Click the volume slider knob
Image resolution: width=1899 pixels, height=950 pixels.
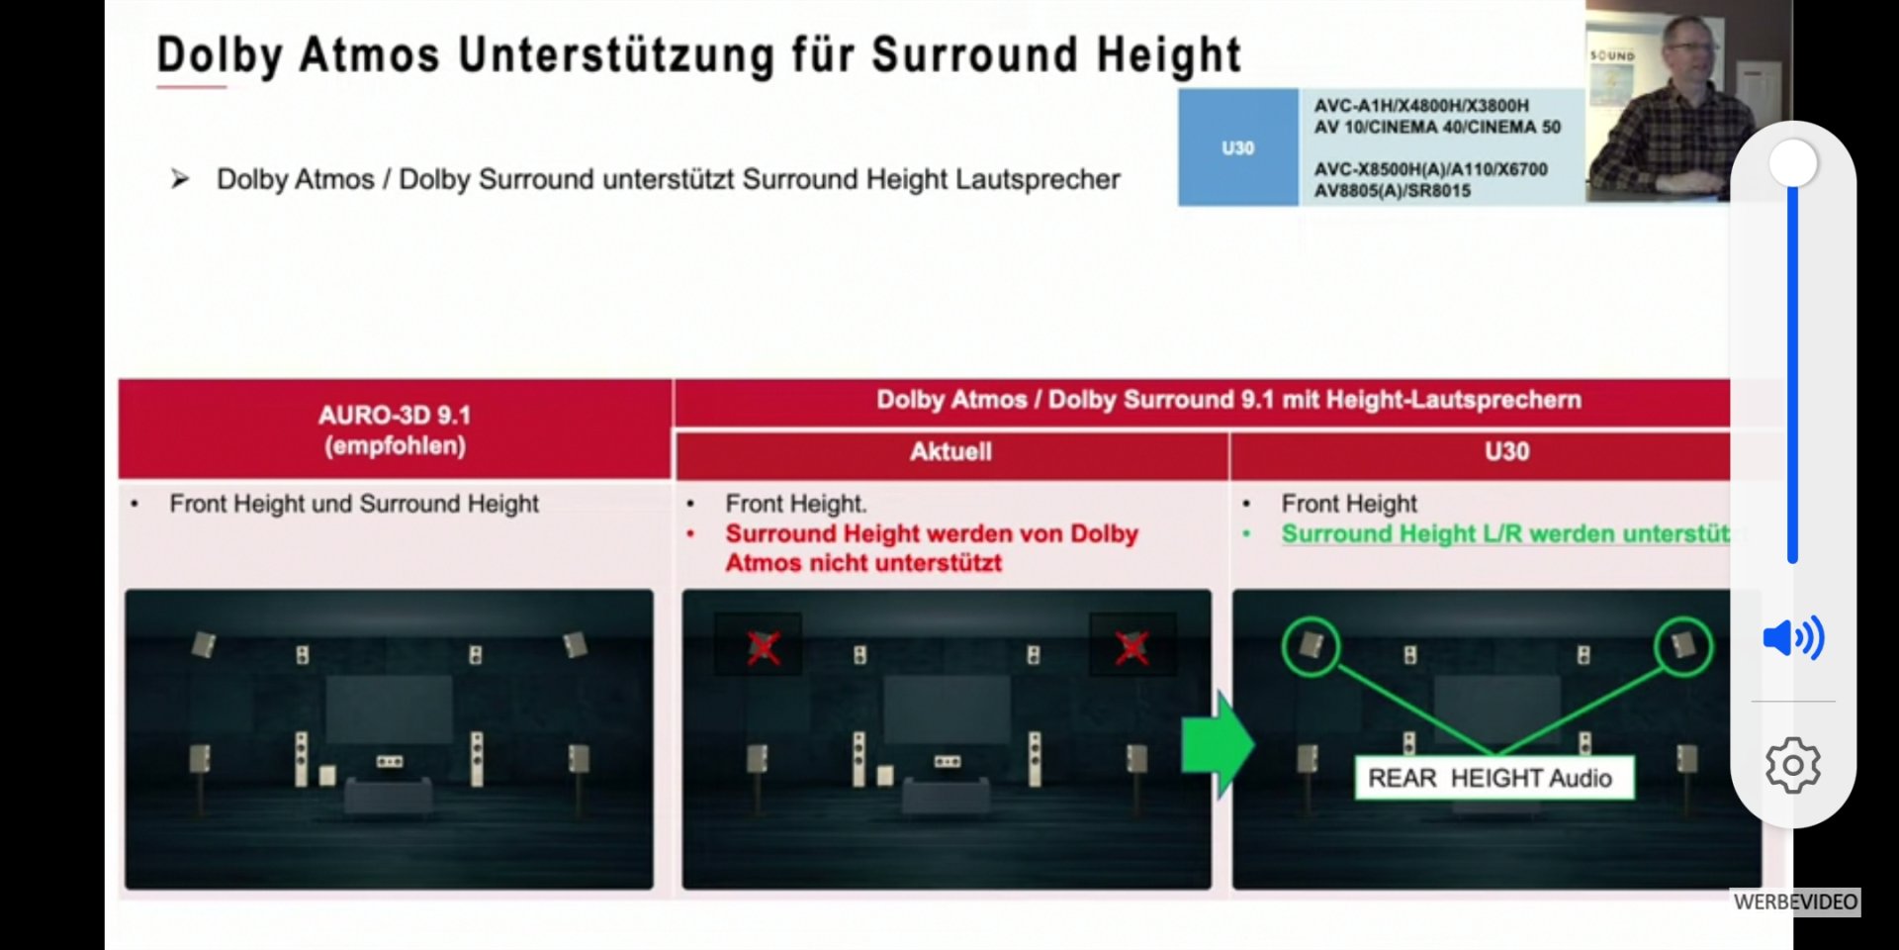pyautogui.click(x=1792, y=162)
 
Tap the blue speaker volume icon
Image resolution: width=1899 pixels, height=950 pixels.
pyautogui.click(x=1793, y=638)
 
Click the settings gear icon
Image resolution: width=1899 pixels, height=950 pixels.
pyautogui.click(x=1793, y=765)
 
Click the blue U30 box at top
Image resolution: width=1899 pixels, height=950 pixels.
pyautogui.click(x=1237, y=147)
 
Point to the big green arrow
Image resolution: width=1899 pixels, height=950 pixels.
pyautogui.click(x=1218, y=745)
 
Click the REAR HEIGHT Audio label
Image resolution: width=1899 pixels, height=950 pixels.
pyautogui.click(x=1492, y=779)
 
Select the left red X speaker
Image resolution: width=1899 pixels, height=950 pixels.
pyautogui.click(x=763, y=648)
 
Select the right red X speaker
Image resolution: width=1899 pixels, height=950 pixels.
pyautogui.click(x=1131, y=648)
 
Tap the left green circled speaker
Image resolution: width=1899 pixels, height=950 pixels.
pyautogui.click(x=1311, y=646)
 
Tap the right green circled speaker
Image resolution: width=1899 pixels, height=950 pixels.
pyautogui.click(x=1683, y=646)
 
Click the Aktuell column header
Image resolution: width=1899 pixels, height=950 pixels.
pyautogui.click(x=950, y=452)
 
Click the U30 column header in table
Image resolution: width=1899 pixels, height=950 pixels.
pyautogui.click(x=1506, y=452)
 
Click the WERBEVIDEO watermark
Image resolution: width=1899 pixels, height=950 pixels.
pyautogui.click(x=1795, y=902)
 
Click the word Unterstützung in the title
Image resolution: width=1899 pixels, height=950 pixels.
pyautogui.click(x=616, y=55)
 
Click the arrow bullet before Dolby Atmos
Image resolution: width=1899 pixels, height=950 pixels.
pyautogui.click(x=180, y=179)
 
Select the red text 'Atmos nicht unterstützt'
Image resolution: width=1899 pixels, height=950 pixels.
pyautogui.click(x=863, y=563)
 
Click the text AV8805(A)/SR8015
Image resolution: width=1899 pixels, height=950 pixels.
pyautogui.click(x=1393, y=191)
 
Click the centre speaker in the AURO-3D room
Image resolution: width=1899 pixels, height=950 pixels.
pyautogui.click(x=390, y=761)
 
